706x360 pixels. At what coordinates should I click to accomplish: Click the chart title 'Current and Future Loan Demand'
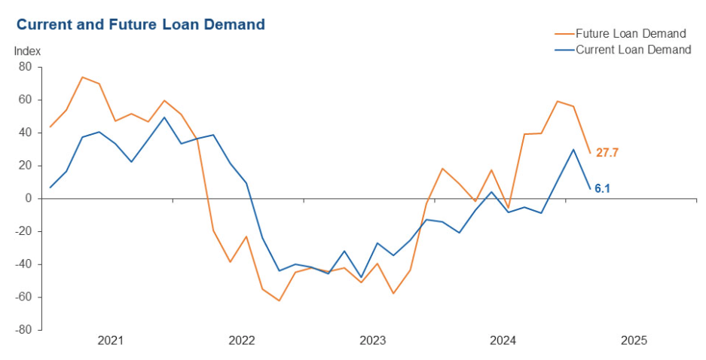(140, 25)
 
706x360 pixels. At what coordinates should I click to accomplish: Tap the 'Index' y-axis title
(27, 51)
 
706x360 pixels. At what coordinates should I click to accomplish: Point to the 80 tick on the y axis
(25, 67)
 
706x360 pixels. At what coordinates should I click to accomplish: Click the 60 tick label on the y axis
(25, 99)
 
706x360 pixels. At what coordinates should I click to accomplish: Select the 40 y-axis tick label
(25, 133)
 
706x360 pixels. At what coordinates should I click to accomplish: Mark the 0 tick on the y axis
(28, 199)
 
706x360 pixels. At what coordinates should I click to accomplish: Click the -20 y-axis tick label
(23, 231)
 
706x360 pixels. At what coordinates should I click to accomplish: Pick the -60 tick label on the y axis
(23, 297)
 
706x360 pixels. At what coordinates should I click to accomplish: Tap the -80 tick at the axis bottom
(23, 330)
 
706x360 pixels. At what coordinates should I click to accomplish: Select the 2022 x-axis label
(241, 340)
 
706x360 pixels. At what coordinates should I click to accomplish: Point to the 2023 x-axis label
(372, 340)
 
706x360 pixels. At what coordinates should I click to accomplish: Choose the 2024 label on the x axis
(503, 340)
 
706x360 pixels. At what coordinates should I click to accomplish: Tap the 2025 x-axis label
(634, 340)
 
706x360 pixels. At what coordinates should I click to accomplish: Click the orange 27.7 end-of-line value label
(607, 153)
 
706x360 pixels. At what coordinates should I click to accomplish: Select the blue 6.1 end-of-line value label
(602, 189)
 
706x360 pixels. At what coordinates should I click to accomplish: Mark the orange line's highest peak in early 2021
(82, 77)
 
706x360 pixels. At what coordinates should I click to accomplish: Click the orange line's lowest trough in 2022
(279, 301)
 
